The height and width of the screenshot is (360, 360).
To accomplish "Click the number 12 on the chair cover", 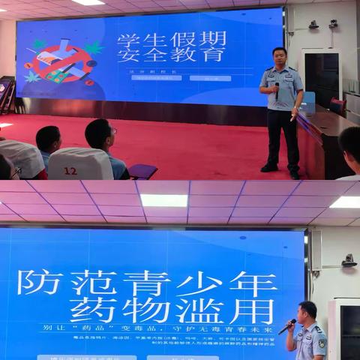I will (70, 171).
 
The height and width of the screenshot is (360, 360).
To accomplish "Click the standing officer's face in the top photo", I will (280, 58).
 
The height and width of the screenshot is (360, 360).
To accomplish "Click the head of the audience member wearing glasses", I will (100, 135).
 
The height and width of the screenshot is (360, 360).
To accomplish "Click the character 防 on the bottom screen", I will (39, 282).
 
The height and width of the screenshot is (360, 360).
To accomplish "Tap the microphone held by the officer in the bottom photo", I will (287, 326).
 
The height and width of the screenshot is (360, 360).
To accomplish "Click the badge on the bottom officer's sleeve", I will (322, 343).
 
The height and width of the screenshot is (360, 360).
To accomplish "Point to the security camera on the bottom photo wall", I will (348, 260).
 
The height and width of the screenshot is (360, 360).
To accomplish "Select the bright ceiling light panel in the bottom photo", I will (164, 200).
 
